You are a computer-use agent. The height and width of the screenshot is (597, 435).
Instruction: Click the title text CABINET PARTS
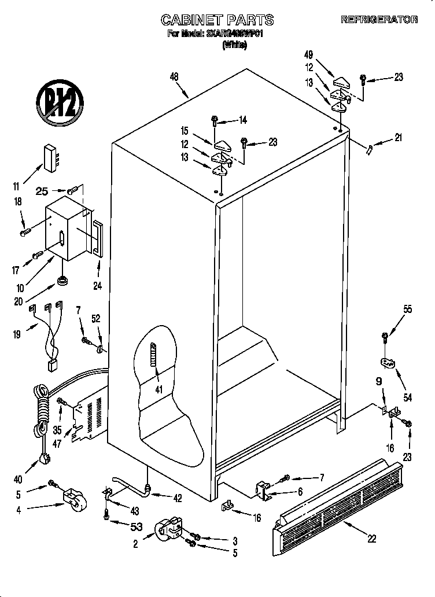[x=217, y=20]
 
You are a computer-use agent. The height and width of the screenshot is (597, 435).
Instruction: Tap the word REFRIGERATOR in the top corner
[x=379, y=20]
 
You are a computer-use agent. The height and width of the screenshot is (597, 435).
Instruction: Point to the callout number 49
[x=309, y=55]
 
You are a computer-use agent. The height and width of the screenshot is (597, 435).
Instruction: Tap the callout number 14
[x=242, y=120]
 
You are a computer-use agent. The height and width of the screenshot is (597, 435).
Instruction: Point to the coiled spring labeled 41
[x=153, y=361]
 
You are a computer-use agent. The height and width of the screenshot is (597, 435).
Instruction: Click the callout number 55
[x=407, y=310]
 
